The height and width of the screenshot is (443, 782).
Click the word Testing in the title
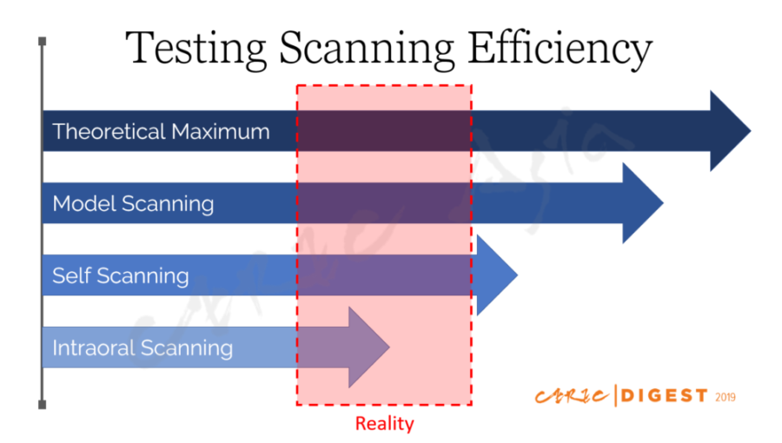pos(195,49)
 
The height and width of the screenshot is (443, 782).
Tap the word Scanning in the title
pos(367,49)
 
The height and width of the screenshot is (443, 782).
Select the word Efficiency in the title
pos(560,49)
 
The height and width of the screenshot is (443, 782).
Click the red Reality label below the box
pos(385,424)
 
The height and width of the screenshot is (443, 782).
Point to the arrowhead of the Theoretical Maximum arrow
pos(730,131)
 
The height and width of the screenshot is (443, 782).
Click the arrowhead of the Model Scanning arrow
pos(642,202)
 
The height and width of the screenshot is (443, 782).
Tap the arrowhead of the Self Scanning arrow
pos(497,275)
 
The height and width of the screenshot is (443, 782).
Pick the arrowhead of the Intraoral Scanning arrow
pos(368,347)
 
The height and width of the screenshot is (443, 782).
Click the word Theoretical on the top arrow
pos(109,131)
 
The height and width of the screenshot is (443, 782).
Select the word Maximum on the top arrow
pos(221,131)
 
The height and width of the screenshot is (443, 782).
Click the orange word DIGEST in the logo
pos(665,396)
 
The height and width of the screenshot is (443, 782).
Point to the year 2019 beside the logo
pos(726,397)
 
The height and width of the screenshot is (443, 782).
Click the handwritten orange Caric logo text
pos(573,396)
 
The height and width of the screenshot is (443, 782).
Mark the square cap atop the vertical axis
pos(43,41)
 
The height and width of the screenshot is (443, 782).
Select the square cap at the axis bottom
pos(43,405)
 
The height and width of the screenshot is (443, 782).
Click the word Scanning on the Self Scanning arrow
pos(142,276)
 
